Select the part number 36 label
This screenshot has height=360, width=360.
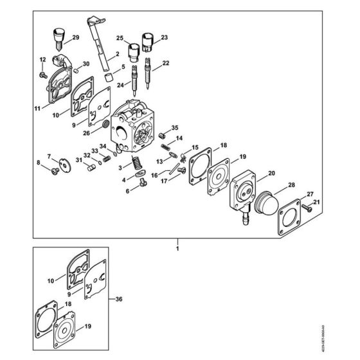[116, 298]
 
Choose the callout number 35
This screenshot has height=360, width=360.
[175, 127]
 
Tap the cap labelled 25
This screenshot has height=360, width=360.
[134, 51]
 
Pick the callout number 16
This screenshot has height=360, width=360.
[154, 174]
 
